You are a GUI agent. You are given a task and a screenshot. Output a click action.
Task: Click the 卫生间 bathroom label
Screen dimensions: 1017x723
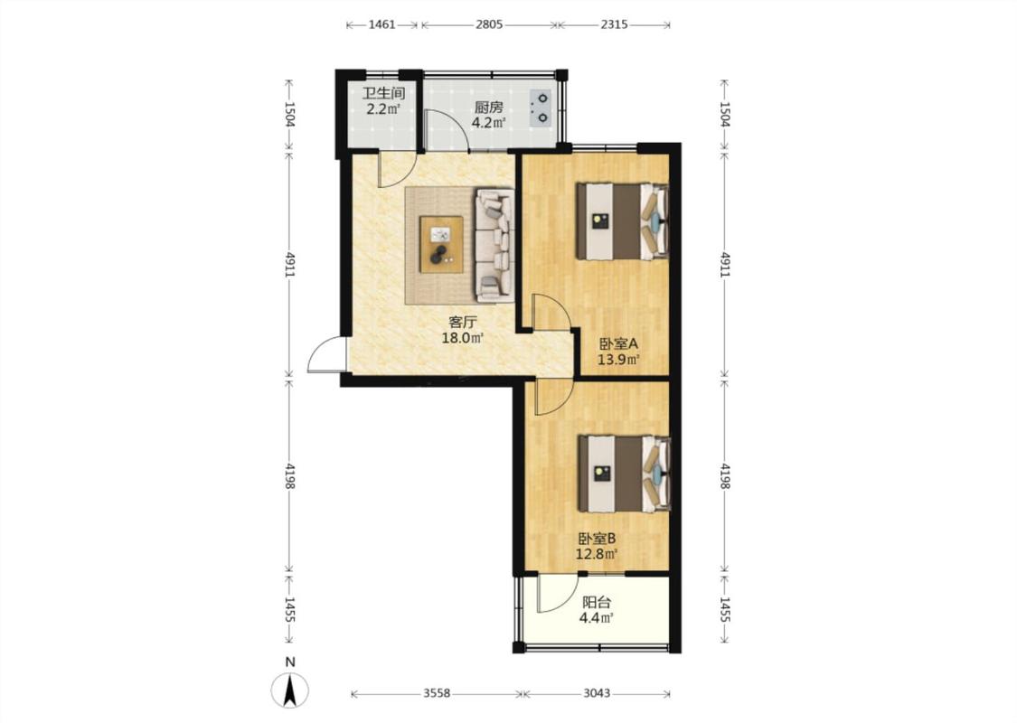383,94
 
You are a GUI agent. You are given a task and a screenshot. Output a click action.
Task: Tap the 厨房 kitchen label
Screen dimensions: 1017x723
488,108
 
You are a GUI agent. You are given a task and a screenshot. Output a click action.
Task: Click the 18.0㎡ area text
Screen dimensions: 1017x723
463,338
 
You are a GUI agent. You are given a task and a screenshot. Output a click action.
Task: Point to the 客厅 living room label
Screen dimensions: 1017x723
463,323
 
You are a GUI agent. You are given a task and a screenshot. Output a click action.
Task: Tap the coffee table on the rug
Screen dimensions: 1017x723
441,244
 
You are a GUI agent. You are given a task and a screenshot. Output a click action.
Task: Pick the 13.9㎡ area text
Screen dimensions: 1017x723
618,359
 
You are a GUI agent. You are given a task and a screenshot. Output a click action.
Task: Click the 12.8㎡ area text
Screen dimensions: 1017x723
596,554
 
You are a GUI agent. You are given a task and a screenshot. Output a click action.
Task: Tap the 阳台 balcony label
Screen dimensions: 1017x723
597,603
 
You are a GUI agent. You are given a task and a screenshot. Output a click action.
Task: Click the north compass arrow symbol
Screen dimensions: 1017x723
290,690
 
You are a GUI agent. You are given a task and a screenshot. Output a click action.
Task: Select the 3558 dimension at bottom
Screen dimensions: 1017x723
437,693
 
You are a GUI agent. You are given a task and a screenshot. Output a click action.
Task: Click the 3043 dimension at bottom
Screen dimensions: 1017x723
596,693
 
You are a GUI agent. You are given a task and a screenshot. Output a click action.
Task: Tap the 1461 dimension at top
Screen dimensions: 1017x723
382,24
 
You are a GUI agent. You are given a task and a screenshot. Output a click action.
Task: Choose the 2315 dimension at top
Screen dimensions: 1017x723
614,24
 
